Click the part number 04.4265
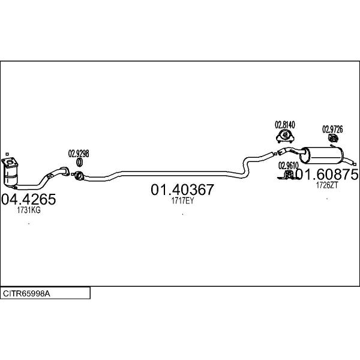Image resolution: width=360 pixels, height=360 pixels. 28,199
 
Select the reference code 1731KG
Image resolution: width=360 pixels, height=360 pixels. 29,210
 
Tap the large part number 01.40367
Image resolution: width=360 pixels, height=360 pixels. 182,190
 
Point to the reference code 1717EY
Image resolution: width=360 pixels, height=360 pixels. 182,201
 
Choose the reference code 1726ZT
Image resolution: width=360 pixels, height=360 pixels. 327,185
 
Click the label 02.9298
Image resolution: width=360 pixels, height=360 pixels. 79,154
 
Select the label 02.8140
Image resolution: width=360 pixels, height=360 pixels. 285,125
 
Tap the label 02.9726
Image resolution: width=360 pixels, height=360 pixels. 332,130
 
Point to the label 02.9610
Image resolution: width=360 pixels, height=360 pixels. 289,166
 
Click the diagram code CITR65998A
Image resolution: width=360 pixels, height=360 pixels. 26,293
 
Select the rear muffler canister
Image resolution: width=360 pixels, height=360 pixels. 322,155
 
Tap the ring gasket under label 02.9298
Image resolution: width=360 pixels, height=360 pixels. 79,163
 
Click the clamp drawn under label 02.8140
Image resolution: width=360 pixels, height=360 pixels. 286,136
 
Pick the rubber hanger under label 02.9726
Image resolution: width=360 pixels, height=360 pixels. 333,138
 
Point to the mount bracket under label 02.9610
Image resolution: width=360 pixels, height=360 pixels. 287,175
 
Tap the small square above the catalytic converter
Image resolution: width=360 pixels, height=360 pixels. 7,154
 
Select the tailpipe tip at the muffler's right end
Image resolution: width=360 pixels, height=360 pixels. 355,164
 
